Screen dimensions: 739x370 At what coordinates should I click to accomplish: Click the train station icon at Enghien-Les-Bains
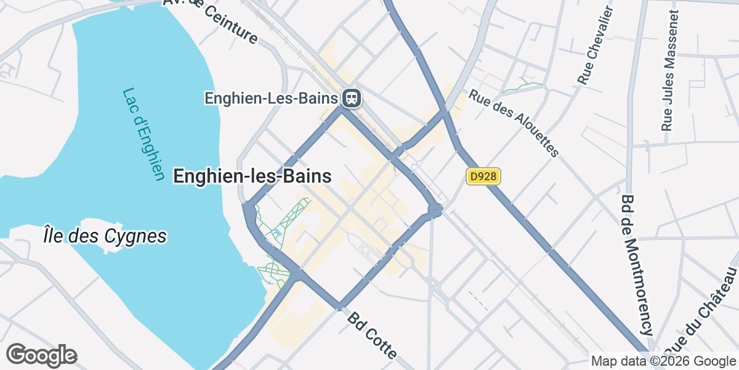pyautogui.click(x=352, y=97)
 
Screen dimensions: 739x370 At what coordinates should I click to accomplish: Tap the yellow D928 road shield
pyautogui.click(x=483, y=177)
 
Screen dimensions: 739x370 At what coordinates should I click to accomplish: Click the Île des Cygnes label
pyautogui.click(x=105, y=236)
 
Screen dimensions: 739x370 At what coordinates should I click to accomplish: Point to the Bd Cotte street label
pyautogui.click(x=372, y=336)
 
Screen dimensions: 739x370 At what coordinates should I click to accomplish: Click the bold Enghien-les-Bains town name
pyautogui.click(x=252, y=176)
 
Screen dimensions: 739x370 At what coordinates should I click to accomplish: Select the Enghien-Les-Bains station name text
pyautogui.click(x=272, y=98)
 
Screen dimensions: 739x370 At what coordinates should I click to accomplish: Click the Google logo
pyautogui.click(x=41, y=355)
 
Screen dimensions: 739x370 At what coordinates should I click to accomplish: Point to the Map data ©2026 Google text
pyautogui.click(x=663, y=361)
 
